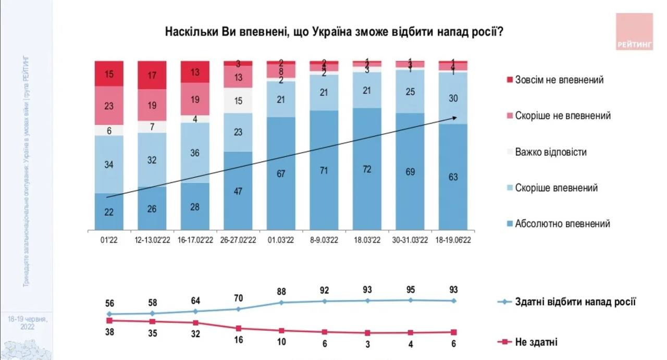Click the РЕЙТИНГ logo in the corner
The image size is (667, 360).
(x=634, y=32)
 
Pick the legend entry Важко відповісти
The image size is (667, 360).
(x=550, y=152)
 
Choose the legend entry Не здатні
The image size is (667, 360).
(x=536, y=342)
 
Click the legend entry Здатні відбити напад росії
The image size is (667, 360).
(x=575, y=302)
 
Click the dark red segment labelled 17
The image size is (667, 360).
(x=152, y=75)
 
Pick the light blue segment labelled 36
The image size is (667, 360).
(x=195, y=153)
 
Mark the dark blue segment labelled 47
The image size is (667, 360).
(x=238, y=191)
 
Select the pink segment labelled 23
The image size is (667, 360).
(x=109, y=105)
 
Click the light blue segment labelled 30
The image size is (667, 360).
(x=453, y=98)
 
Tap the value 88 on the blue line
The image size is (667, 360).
(x=281, y=292)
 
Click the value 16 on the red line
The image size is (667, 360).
(x=238, y=340)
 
